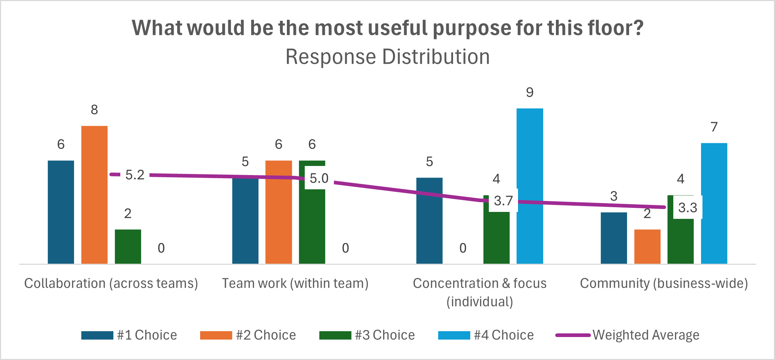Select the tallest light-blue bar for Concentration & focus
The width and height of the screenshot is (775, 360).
point(530,186)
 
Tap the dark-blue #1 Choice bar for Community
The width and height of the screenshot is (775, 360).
point(614,238)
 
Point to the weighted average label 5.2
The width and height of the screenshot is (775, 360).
point(135,175)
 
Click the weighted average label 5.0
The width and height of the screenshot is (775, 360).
point(319,178)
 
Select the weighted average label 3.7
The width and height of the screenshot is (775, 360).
point(503,201)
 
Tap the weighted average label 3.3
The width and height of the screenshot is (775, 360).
point(688,208)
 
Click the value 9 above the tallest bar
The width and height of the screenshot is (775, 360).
point(530,93)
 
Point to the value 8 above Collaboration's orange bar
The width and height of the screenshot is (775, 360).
point(94,110)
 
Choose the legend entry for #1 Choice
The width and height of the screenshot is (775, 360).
point(129,335)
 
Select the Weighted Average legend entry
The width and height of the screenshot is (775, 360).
point(628,335)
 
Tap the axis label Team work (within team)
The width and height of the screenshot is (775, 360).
point(295,283)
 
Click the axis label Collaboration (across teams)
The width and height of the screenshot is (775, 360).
point(111,283)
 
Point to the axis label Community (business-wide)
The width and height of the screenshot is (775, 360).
point(664,283)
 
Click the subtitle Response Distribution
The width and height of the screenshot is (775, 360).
point(387,57)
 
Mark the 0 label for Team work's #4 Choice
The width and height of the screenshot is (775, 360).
point(345,248)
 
